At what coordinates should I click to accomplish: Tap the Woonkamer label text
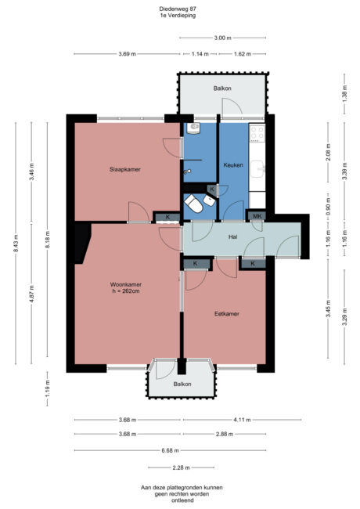click(x=125, y=285)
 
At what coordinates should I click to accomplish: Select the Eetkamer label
click(x=227, y=313)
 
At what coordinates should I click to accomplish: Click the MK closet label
click(x=257, y=216)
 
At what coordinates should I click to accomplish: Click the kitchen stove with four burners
click(x=257, y=134)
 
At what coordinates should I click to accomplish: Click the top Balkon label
click(x=222, y=88)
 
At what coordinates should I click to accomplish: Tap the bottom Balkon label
click(x=182, y=384)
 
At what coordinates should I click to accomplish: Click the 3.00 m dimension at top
click(x=222, y=37)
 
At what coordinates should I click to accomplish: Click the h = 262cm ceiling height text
click(x=126, y=293)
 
